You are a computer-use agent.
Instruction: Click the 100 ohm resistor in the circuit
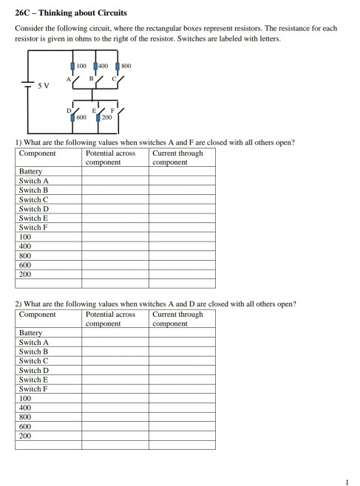[73, 66]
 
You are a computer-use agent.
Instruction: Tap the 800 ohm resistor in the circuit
[118, 66]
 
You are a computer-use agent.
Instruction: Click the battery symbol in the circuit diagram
[27, 81]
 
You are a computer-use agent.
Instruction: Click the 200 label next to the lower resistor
[106, 117]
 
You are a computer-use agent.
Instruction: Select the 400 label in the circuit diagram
[103, 66]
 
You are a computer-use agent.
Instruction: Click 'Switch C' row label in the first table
[34, 199]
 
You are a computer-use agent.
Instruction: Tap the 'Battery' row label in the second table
[31, 333]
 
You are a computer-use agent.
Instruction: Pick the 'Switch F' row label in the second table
[34, 389]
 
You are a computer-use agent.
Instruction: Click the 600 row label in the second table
[25, 426]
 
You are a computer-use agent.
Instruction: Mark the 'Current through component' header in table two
[177, 319]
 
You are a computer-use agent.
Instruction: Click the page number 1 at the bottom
[345, 482]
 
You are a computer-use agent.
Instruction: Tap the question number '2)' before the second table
[18, 303]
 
